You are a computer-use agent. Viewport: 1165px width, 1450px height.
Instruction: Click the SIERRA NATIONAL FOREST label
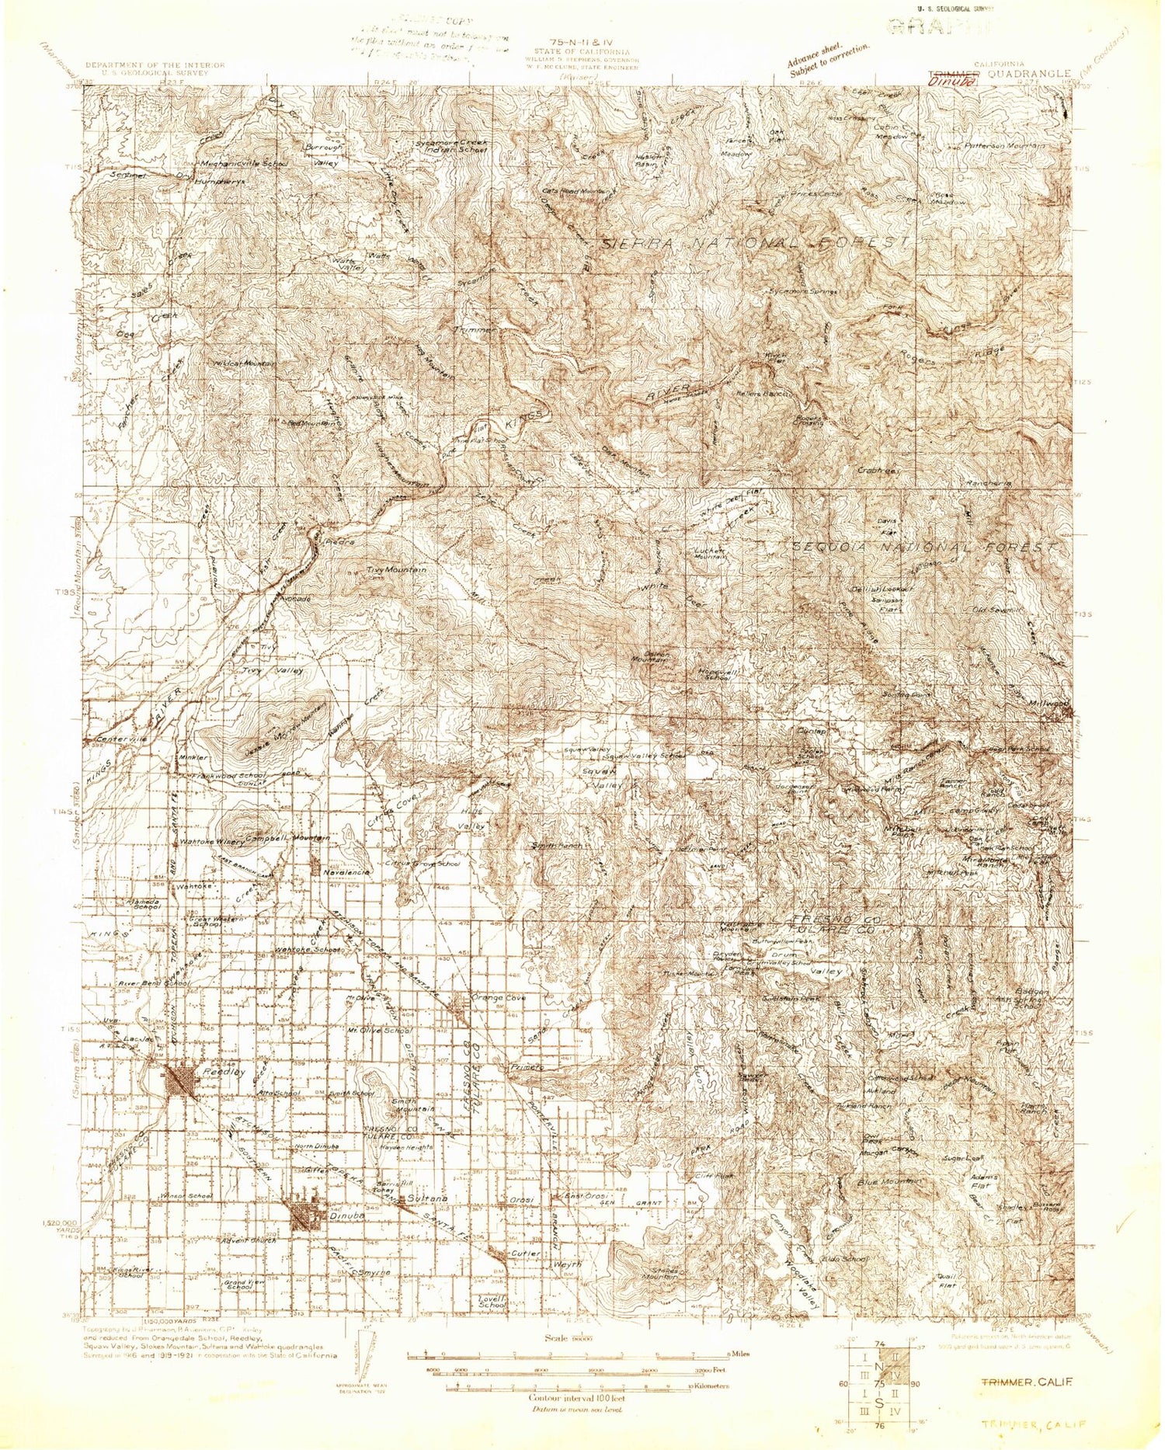[x=755, y=243]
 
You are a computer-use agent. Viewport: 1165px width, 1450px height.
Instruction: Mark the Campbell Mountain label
[x=287, y=839]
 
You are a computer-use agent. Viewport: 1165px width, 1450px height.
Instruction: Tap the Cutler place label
[x=527, y=1254]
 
